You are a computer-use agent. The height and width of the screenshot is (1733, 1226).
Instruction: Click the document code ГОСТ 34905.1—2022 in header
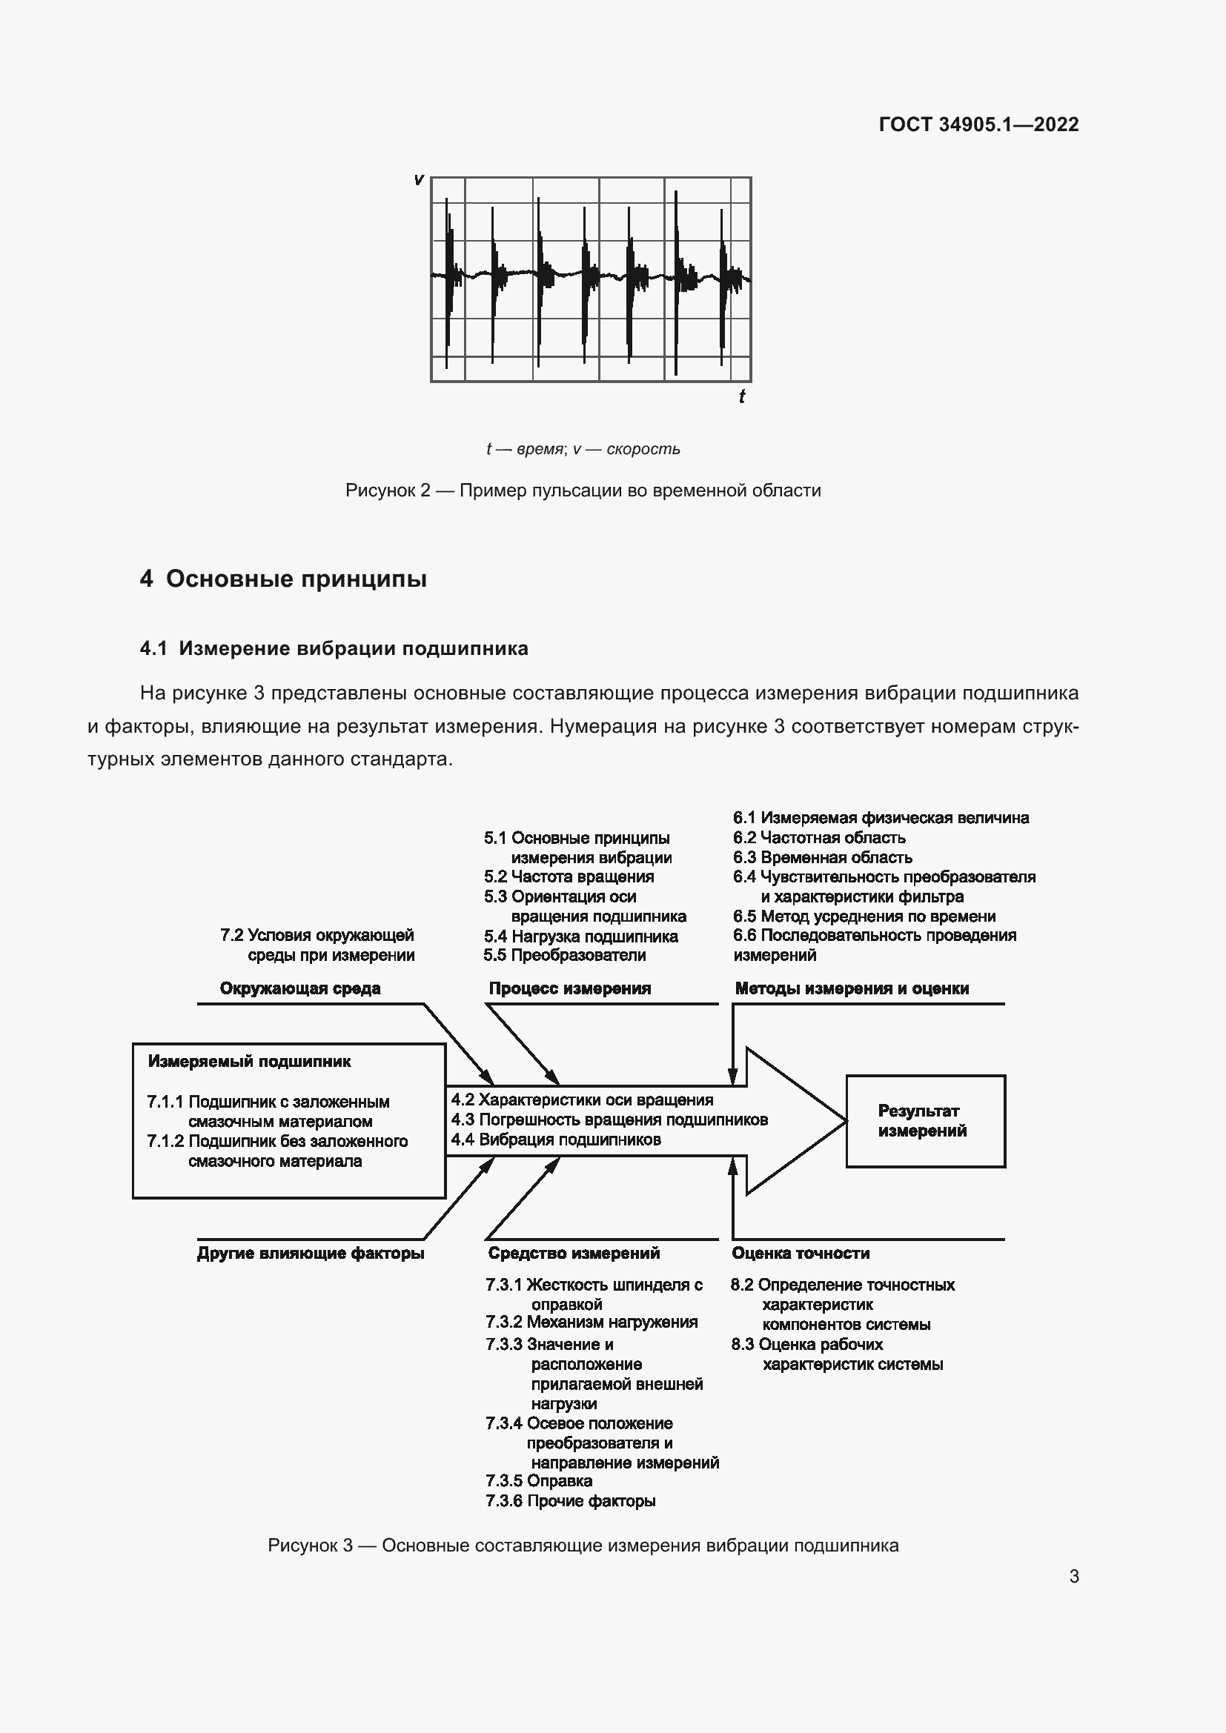tap(978, 124)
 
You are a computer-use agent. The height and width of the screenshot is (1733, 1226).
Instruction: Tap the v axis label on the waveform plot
tap(418, 179)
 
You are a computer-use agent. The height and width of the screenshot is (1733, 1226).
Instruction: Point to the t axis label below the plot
tap(742, 396)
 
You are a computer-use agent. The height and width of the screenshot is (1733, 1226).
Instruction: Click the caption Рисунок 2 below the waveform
tap(583, 490)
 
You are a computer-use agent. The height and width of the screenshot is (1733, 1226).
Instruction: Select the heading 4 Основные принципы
tap(283, 579)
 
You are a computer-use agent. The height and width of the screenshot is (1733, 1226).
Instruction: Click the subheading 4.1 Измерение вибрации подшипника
tap(334, 648)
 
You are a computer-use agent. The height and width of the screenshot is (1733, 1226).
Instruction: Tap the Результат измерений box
tap(925, 1121)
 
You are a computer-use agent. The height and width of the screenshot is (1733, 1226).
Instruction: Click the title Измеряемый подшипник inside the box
tap(249, 1061)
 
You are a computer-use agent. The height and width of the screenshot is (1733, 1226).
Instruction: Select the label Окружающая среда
tap(299, 989)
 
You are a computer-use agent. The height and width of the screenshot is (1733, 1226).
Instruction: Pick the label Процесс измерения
tap(569, 989)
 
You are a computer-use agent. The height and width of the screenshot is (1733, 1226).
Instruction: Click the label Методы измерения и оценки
tap(852, 989)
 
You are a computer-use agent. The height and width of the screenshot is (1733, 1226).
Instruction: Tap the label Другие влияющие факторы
tap(311, 1254)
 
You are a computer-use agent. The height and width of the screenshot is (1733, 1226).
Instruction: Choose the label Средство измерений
tap(574, 1254)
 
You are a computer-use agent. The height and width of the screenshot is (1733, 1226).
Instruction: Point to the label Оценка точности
tap(801, 1254)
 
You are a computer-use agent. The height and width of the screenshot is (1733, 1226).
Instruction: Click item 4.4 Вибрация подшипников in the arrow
tap(556, 1140)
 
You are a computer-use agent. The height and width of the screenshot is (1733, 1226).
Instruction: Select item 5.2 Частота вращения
tap(569, 877)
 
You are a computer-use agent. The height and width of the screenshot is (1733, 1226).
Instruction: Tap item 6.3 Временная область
tap(822, 857)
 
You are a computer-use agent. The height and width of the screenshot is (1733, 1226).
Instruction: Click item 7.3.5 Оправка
tap(538, 1481)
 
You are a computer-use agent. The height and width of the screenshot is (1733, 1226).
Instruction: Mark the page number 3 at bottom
tap(1073, 1576)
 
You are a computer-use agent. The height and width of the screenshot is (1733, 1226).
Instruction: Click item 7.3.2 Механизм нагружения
tap(591, 1322)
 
